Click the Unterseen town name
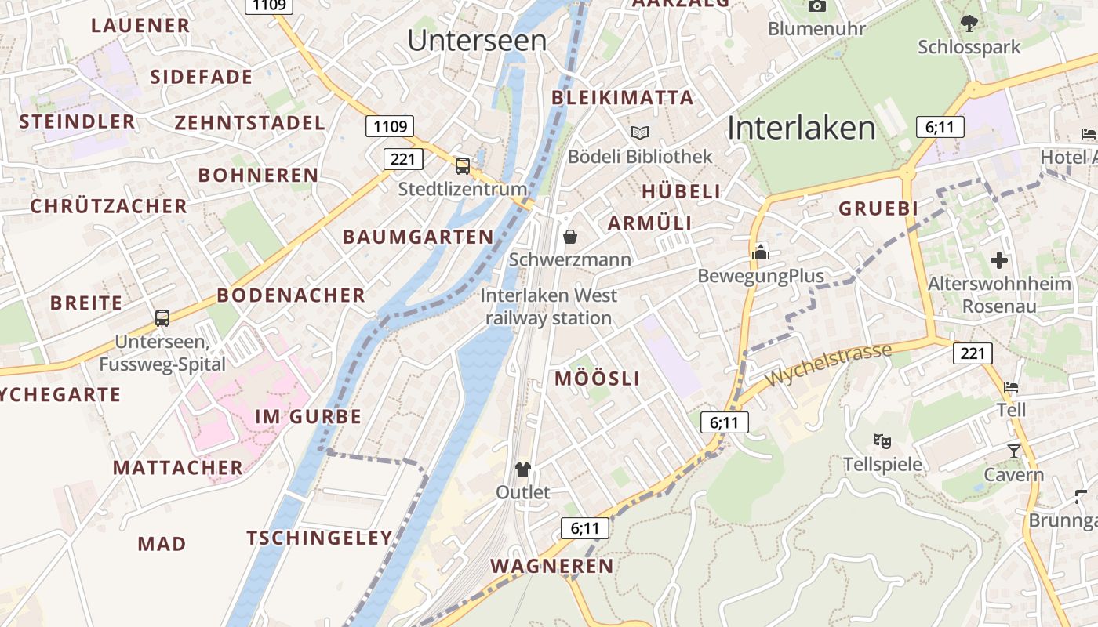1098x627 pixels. tap(477, 40)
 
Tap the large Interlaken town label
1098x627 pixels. tap(801, 128)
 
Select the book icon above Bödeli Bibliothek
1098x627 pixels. tap(640, 132)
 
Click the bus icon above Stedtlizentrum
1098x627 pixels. tap(463, 165)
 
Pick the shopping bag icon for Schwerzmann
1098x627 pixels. tap(570, 236)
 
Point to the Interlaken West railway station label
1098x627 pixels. tap(549, 306)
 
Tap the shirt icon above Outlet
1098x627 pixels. tap(523, 469)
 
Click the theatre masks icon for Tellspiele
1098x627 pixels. tap(882, 441)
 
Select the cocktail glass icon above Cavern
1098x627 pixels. tap(1014, 451)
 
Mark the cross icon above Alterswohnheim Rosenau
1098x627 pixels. tap(999, 259)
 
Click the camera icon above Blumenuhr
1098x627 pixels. tap(817, 6)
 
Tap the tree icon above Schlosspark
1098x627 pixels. tap(969, 23)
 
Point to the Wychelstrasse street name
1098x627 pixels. tap(829, 364)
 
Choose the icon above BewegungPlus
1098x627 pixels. tap(761, 252)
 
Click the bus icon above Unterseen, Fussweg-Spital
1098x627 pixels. tap(162, 317)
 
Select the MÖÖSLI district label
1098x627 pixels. tap(598, 379)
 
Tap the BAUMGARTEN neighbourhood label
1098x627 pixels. tap(418, 237)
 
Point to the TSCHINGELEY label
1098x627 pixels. tap(319, 538)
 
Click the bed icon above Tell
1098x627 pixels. tap(1011, 387)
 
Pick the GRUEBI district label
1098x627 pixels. tap(878, 208)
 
